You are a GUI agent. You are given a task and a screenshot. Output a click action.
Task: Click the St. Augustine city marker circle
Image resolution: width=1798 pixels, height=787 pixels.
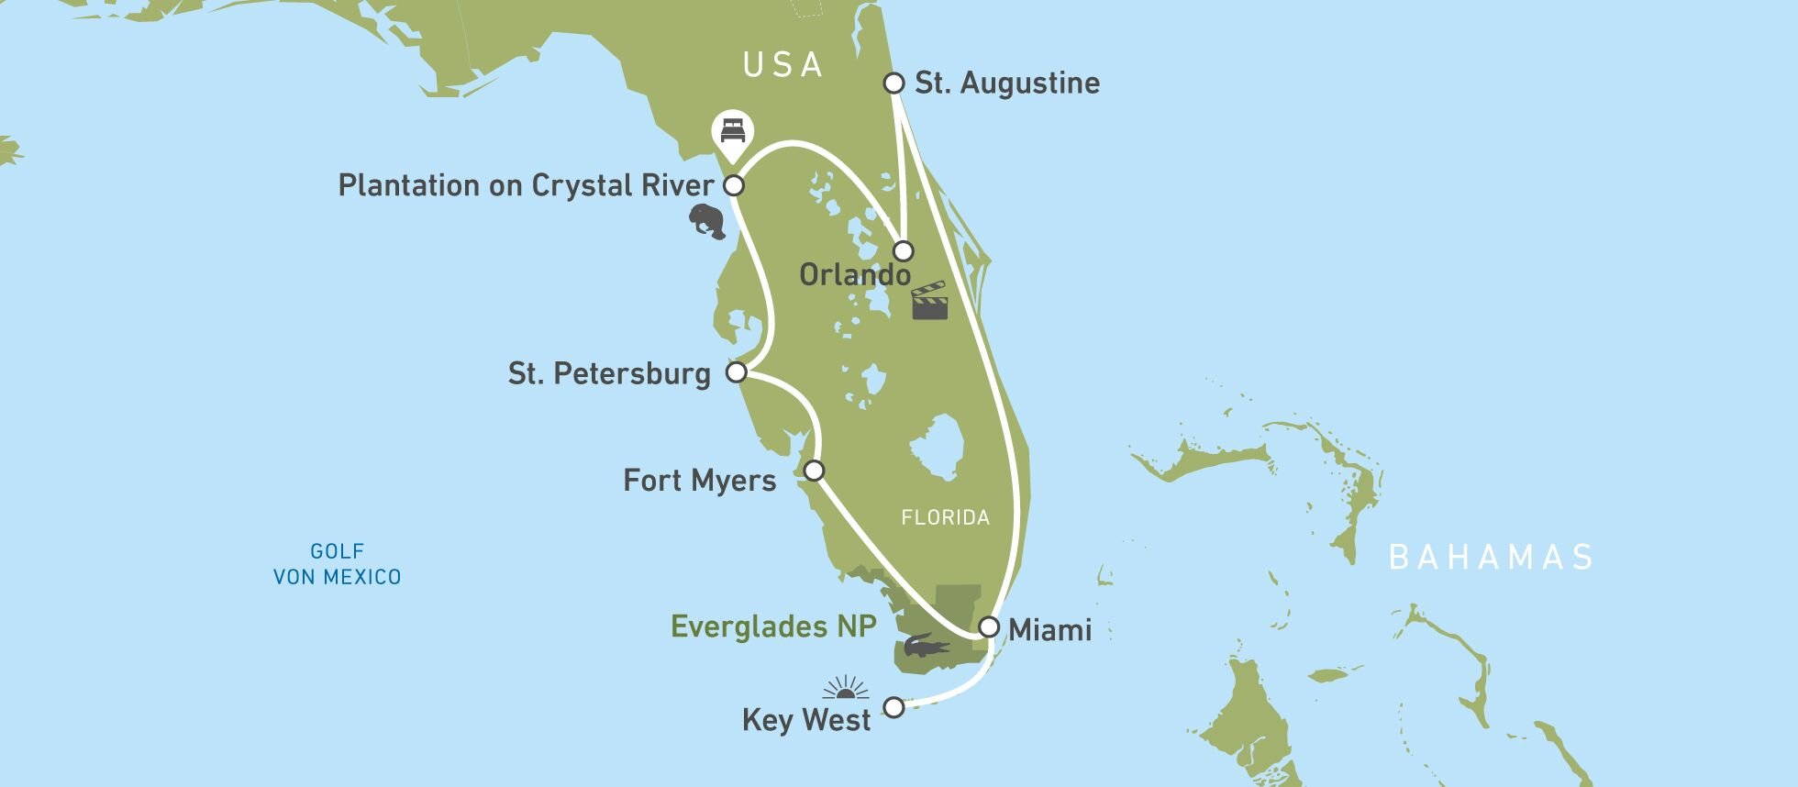893,83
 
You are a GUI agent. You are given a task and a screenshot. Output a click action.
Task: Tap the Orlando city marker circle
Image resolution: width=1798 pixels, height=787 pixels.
904,250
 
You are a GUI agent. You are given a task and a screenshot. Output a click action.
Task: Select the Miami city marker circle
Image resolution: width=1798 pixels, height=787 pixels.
988,627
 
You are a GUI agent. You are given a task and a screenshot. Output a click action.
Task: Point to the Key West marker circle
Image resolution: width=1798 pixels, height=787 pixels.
893,707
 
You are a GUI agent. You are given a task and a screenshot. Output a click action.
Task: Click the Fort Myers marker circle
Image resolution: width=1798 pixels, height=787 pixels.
814,471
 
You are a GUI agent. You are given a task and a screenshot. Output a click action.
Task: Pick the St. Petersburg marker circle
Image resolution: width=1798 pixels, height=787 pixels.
736,372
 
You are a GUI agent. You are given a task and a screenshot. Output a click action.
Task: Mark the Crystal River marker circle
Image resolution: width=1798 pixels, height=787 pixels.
734,186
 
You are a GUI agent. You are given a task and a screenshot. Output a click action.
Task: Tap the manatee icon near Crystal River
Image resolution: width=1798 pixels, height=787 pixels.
707,221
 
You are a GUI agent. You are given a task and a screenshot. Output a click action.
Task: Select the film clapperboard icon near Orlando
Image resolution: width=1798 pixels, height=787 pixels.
929,301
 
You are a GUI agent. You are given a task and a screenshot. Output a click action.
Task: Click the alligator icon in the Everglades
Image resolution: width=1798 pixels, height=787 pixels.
926,648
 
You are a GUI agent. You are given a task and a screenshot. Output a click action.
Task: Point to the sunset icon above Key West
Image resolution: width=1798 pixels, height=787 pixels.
846,688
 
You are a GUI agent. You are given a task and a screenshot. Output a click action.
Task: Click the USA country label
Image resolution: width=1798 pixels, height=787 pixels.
782,65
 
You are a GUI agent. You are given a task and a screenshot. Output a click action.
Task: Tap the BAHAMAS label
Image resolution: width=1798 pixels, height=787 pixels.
1491,558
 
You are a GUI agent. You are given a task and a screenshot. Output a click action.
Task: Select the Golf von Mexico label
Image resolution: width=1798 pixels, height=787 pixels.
338,564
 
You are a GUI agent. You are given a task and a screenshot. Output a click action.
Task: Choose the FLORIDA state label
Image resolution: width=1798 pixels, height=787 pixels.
945,518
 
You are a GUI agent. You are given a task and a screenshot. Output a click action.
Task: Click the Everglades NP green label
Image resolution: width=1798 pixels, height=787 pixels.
773,626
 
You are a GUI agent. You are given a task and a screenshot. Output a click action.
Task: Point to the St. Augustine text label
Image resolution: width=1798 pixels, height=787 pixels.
1007,83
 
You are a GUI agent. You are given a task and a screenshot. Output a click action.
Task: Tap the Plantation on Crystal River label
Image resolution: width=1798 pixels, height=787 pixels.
526,186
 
